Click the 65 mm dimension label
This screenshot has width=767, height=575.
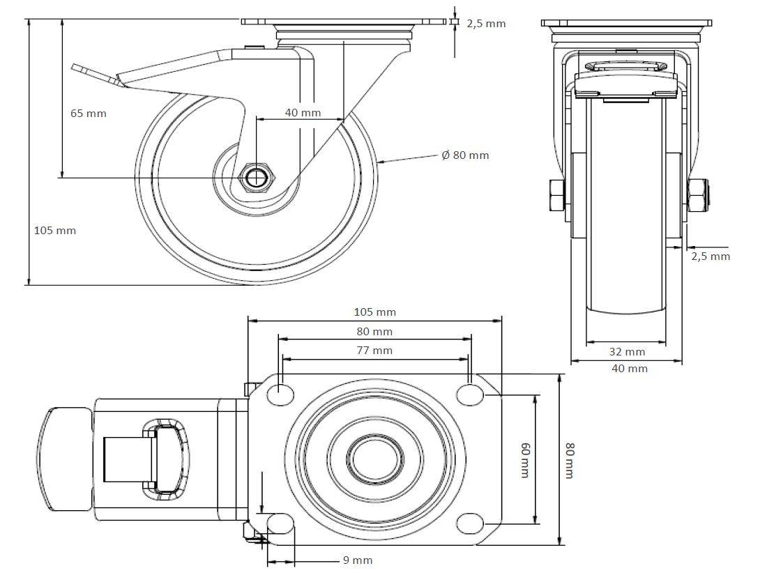coord(89,114)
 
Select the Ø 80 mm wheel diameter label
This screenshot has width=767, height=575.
coord(465,155)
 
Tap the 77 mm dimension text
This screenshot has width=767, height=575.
coord(374,350)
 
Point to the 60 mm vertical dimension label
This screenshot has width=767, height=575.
coord(525,459)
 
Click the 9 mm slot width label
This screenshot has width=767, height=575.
coord(358,560)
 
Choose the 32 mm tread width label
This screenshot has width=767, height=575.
coord(627,351)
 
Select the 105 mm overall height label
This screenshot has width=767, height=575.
coord(55,230)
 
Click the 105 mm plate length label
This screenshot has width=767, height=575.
coord(374,312)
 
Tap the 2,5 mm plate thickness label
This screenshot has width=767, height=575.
coord(486,24)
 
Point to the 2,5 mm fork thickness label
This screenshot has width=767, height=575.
coord(711,256)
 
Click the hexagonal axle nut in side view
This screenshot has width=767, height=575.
coord(258,178)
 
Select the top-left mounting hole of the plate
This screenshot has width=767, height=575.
coord(280,394)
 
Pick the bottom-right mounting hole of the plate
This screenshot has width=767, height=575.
coord(471,522)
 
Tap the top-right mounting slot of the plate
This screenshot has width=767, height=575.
coord(471,394)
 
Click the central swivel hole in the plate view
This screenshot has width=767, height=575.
coord(375,459)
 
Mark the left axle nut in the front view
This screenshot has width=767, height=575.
coord(558,195)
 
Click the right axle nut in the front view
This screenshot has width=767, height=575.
coord(697,195)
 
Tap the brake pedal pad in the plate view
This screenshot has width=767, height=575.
coord(63,459)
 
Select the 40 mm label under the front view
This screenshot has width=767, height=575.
coord(630,369)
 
